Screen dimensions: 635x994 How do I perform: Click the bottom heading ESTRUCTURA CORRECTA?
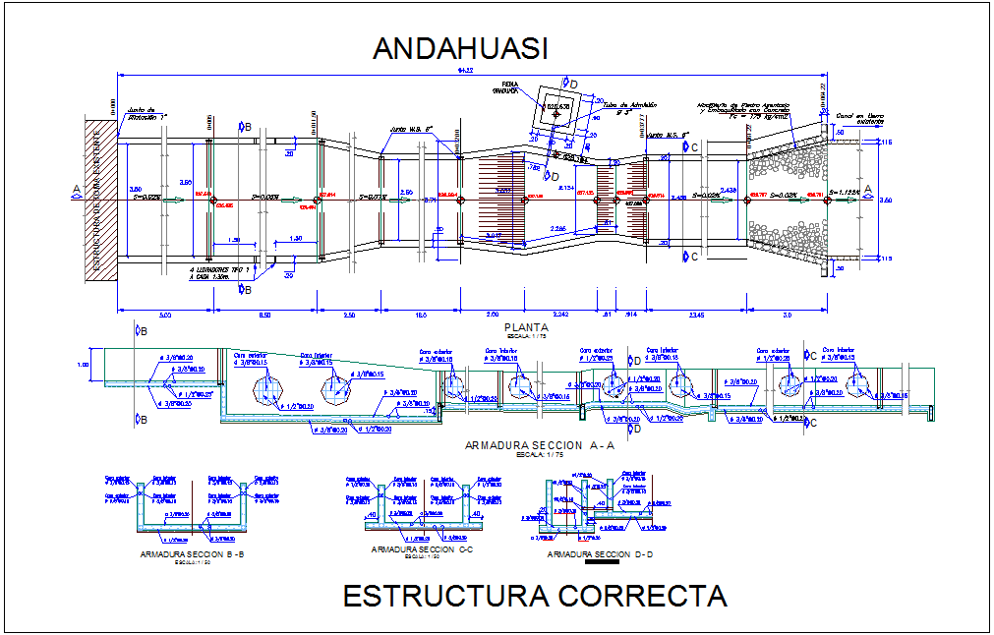[x=535, y=596]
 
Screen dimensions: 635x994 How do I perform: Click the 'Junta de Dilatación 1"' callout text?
[x=147, y=113]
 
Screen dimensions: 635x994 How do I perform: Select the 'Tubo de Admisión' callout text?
[x=628, y=105]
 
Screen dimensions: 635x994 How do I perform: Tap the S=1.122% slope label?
[x=845, y=192]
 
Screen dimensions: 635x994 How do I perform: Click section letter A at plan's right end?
[x=867, y=193]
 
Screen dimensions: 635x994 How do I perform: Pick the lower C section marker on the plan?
[x=693, y=258]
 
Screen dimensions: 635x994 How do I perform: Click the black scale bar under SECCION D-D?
[x=599, y=563]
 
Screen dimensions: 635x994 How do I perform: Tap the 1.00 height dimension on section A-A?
[x=83, y=365]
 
